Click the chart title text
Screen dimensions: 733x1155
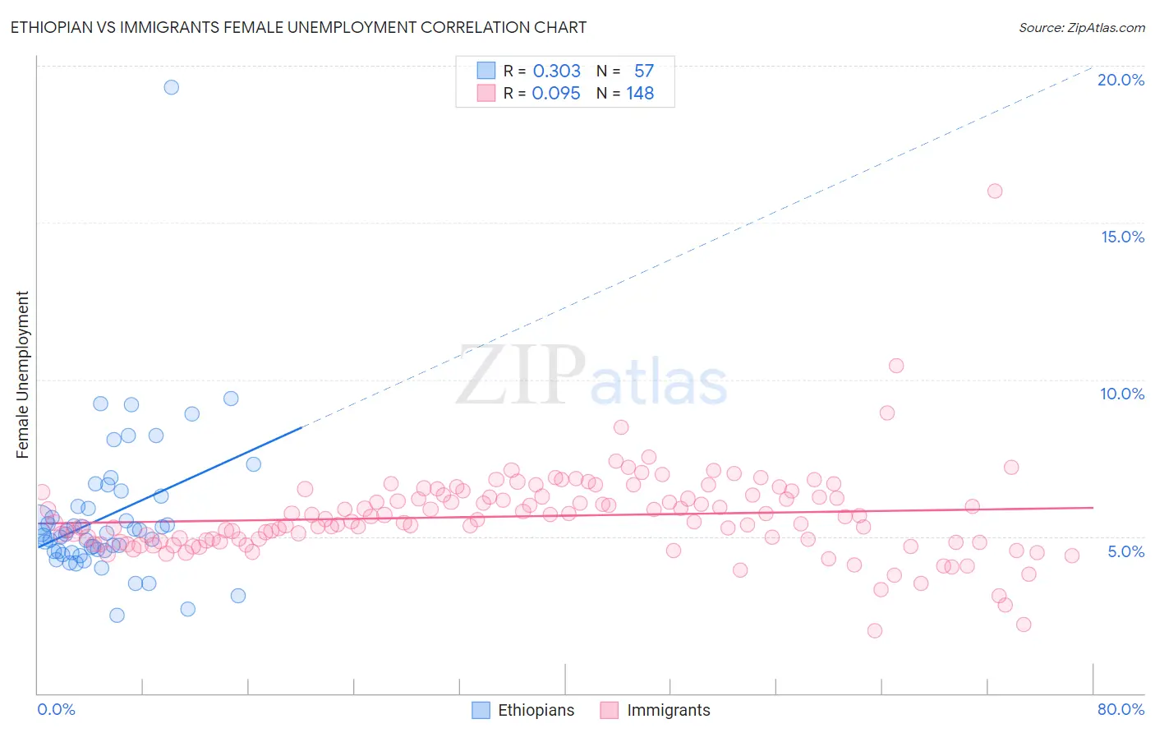(298, 27)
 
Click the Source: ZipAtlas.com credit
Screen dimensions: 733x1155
(1081, 27)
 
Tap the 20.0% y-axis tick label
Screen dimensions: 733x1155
(1120, 80)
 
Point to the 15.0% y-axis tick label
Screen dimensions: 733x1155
(1122, 237)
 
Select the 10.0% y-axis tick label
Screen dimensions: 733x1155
(1122, 394)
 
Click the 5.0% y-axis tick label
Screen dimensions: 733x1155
(1125, 551)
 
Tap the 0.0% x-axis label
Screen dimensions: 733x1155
(56, 709)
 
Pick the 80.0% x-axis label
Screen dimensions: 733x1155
(1120, 709)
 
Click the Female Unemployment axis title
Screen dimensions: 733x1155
(22, 375)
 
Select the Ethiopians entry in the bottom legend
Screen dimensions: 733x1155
(536, 710)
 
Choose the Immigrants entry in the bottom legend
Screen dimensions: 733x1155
(668, 710)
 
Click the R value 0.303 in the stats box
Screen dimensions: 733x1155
(557, 71)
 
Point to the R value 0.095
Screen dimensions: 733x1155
(556, 93)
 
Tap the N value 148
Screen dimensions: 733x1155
(640, 93)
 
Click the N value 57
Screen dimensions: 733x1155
(644, 71)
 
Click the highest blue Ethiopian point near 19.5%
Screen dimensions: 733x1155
(171, 87)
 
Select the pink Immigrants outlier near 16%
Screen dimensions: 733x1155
(995, 191)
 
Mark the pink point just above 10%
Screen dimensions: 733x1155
(896, 366)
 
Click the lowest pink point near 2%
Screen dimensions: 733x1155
(875, 630)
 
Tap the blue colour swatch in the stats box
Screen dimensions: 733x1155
(486, 71)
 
